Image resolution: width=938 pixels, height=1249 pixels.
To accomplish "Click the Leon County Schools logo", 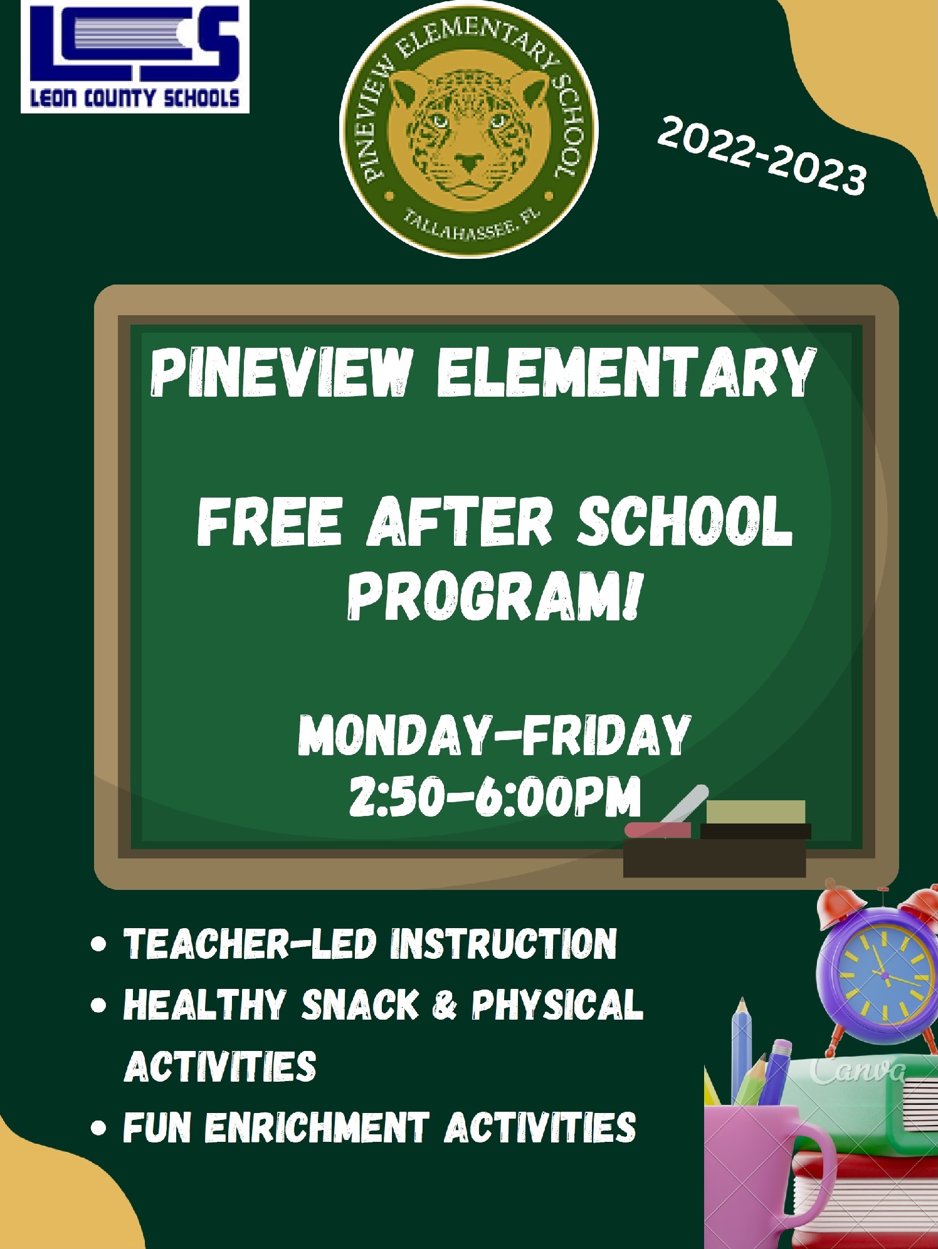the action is click(135, 56).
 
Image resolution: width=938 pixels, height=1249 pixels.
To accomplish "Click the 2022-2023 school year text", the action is click(762, 155).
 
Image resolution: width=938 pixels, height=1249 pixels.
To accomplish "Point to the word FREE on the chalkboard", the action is click(270, 521).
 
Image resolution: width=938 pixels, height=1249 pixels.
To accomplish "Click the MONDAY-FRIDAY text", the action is click(494, 734).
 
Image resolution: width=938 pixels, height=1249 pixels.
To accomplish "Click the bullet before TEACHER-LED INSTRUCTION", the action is click(98, 944).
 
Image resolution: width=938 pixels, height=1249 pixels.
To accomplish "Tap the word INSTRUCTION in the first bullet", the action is click(503, 944).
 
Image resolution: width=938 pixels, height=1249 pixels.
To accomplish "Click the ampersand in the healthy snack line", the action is click(445, 1005).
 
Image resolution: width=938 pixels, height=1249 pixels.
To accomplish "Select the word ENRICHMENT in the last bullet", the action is click(317, 1128).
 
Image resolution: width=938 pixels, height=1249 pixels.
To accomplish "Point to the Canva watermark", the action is click(858, 1070).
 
